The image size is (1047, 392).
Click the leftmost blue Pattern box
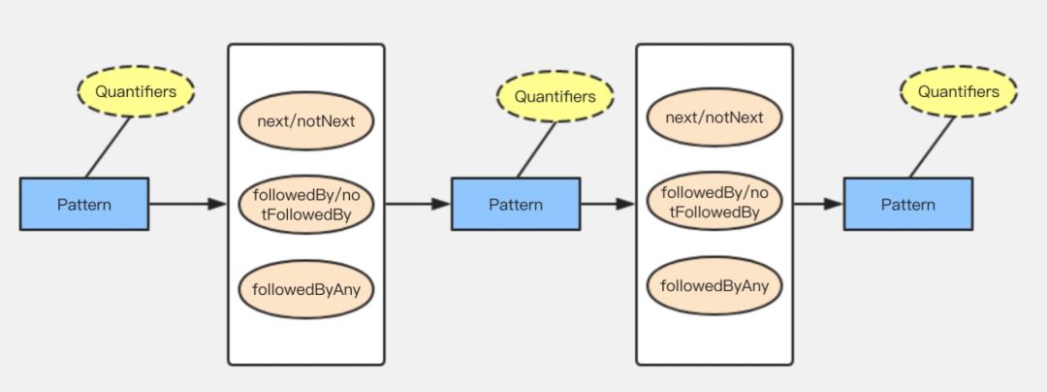tap(84, 204)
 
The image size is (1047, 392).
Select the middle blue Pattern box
tap(515, 204)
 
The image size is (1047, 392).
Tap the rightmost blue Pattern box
tap(907, 204)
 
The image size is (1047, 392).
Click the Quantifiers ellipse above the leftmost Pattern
tap(136, 92)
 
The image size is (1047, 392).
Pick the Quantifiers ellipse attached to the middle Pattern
tap(555, 96)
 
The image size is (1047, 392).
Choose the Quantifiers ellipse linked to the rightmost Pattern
tap(958, 92)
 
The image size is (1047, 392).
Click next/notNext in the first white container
tap(305, 121)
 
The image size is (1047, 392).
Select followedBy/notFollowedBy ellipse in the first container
tap(305, 203)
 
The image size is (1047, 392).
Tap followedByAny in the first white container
tap(305, 288)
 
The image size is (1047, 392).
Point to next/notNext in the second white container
tap(714, 117)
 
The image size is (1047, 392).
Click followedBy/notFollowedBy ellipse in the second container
tap(714, 202)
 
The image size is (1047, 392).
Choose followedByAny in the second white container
tap(714, 285)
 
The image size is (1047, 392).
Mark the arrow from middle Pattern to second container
tap(607, 204)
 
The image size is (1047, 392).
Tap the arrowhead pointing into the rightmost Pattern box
tap(834, 204)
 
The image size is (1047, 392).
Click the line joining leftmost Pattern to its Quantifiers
tap(108, 147)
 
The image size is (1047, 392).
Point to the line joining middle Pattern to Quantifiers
tap(536, 149)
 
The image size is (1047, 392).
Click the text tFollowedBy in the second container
tap(714, 212)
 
